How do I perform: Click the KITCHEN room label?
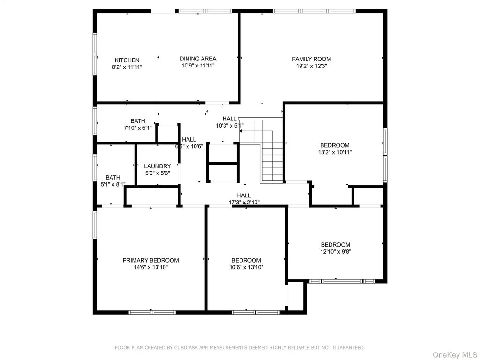click(127, 60)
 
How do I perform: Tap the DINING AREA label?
click(198, 59)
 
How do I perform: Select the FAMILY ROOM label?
click(311, 59)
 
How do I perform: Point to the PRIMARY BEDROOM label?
click(150, 260)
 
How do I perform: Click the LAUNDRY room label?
click(157, 166)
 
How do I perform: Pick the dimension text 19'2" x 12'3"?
click(311, 66)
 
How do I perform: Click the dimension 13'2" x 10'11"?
click(335, 152)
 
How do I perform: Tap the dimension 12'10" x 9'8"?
click(336, 252)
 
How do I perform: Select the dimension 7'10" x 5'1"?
click(138, 128)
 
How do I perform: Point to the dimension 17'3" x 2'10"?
click(244, 202)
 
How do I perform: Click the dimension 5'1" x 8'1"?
click(113, 184)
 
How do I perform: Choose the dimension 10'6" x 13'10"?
click(247, 267)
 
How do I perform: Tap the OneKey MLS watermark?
click(455, 355)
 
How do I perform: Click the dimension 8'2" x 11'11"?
click(127, 67)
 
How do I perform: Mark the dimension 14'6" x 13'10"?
click(150, 267)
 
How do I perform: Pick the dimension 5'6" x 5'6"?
click(157, 173)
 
